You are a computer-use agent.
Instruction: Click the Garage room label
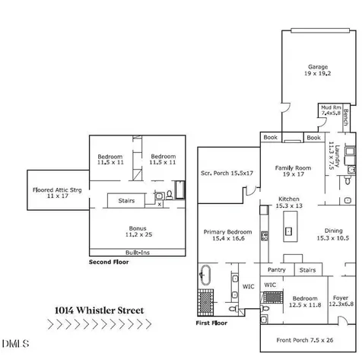(x=318, y=70)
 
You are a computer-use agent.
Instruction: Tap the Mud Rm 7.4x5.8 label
(x=331, y=110)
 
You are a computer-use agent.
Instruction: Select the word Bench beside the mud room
(x=346, y=117)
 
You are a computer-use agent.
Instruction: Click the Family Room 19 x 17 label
(x=293, y=170)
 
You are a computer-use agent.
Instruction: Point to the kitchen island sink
(x=288, y=231)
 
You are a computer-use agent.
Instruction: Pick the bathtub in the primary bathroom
(x=205, y=275)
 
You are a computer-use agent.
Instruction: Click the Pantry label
(x=277, y=269)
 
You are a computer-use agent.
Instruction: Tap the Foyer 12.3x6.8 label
(x=341, y=301)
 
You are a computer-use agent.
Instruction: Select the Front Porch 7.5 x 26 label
(x=305, y=340)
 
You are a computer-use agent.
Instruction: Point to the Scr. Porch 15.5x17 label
(x=227, y=173)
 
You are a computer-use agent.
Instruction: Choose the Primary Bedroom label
(x=228, y=235)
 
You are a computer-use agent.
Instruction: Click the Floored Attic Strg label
(x=57, y=193)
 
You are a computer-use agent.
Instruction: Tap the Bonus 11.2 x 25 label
(x=138, y=231)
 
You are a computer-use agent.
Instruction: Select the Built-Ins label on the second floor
(x=138, y=253)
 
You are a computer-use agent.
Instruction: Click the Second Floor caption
(x=109, y=262)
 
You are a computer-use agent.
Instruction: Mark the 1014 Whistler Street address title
(x=100, y=311)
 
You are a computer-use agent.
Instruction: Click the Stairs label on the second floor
(x=126, y=201)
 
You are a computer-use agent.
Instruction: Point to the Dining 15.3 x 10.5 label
(x=333, y=234)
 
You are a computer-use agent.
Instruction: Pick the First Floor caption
(x=211, y=323)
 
